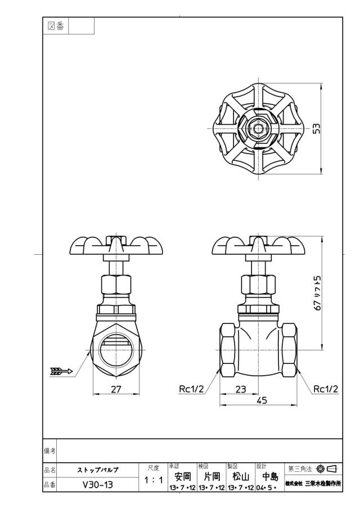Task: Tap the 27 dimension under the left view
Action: pyautogui.click(x=116, y=389)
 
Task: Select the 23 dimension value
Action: pyautogui.click(x=241, y=389)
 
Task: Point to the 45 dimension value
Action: pyautogui.click(x=262, y=400)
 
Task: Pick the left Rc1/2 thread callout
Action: pyautogui.click(x=191, y=389)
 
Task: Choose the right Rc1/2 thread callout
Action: pyautogui.click(x=326, y=389)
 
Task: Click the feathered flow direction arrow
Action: pyautogui.click(x=62, y=371)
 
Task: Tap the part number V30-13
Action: pyautogui.click(x=98, y=485)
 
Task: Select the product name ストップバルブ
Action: pyautogui.click(x=98, y=470)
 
